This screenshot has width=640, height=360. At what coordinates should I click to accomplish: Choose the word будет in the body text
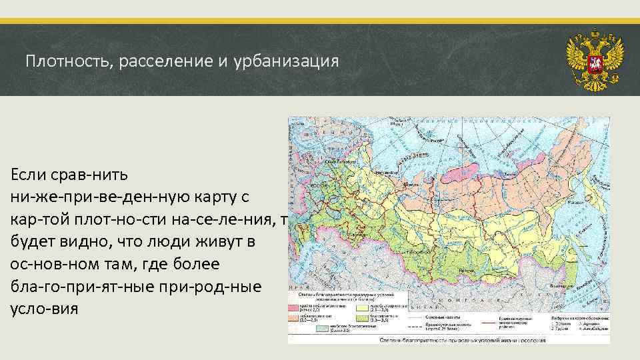click(33, 242)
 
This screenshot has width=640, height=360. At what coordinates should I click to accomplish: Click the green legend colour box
click(363, 319)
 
